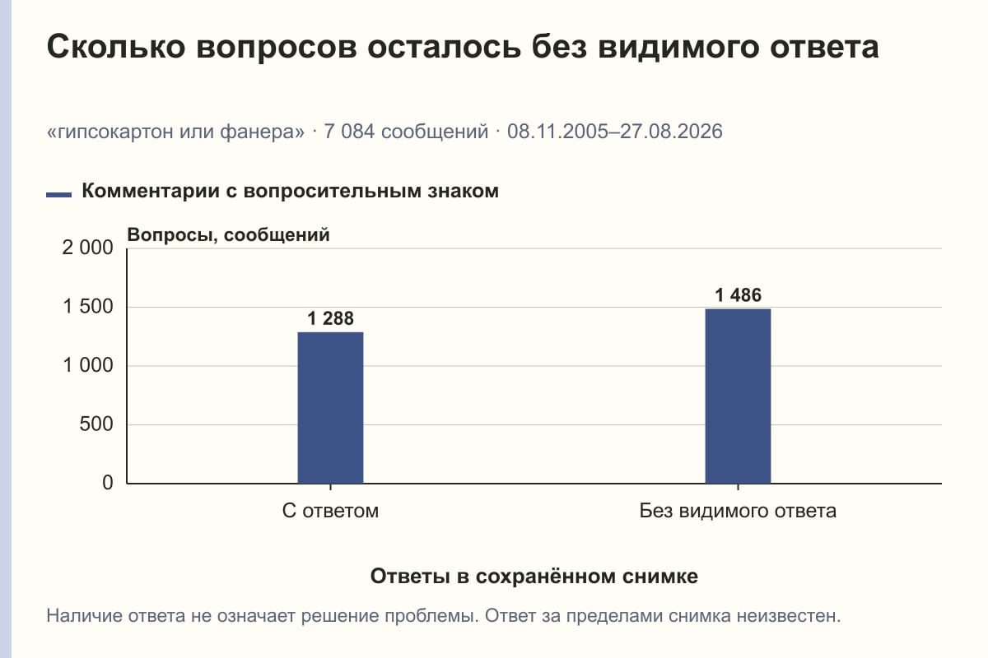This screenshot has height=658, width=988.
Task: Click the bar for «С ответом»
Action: tap(330, 408)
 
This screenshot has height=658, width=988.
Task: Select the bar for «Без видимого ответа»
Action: tap(738, 396)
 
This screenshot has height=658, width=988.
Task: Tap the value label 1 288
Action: tap(330, 318)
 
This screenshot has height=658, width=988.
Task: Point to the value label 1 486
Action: tap(738, 294)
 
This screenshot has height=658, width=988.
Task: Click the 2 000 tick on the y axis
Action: tap(87, 248)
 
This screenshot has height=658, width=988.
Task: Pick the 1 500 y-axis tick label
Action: tap(88, 306)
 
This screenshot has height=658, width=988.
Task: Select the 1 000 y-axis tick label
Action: tap(88, 365)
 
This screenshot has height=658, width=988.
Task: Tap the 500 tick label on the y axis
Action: tap(96, 424)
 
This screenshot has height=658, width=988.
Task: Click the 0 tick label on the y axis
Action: tap(108, 483)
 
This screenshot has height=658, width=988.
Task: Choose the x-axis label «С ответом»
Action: tap(330, 511)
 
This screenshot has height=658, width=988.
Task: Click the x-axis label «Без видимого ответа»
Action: tap(738, 511)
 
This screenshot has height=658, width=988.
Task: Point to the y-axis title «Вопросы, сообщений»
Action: tap(229, 235)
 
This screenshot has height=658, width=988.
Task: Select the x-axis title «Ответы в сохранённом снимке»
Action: tap(534, 576)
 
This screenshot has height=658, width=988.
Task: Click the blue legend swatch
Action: tap(58, 194)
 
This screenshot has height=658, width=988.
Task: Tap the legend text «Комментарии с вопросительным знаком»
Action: tap(290, 192)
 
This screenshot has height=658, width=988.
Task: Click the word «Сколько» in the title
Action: tap(116, 47)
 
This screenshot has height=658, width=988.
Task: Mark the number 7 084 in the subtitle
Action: tap(349, 132)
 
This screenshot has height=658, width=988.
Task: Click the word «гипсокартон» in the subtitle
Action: tap(116, 132)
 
